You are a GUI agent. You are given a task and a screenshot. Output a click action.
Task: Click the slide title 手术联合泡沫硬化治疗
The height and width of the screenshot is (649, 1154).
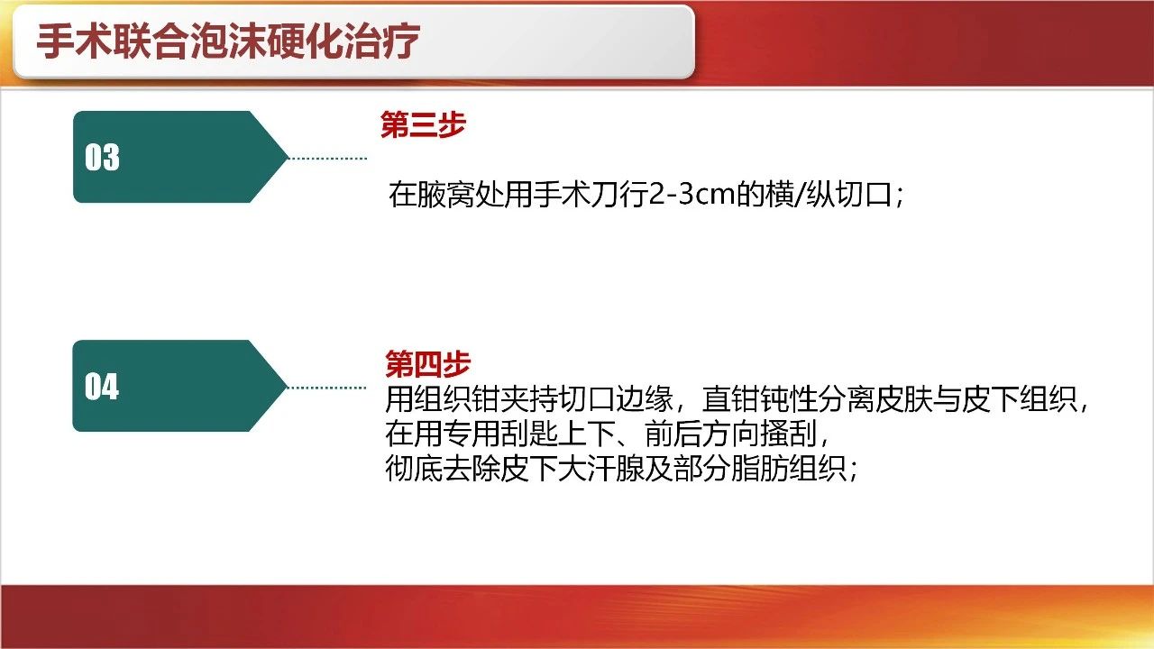(x=228, y=41)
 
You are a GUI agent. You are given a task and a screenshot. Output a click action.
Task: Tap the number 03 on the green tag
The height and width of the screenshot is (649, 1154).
(x=102, y=157)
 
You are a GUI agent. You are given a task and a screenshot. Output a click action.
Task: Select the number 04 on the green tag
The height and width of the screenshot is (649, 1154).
(x=102, y=387)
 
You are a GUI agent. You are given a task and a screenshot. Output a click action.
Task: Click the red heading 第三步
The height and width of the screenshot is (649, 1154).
(x=423, y=124)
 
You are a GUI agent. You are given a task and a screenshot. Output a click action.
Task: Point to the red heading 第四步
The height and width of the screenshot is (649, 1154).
(x=427, y=363)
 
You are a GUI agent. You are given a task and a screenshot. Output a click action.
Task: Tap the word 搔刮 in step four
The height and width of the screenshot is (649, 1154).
(x=789, y=434)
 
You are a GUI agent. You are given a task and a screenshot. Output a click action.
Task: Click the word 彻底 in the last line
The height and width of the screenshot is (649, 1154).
(x=414, y=468)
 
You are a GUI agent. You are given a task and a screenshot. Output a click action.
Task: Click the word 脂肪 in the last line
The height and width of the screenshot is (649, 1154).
(x=760, y=468)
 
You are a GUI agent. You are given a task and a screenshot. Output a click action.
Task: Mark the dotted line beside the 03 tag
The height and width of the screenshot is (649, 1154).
(x=327, y=158)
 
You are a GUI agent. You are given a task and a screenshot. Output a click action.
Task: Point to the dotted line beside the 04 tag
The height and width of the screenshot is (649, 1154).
(x=326, y=388)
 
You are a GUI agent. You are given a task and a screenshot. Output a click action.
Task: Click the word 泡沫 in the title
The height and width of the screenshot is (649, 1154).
(x=228, y=41)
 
